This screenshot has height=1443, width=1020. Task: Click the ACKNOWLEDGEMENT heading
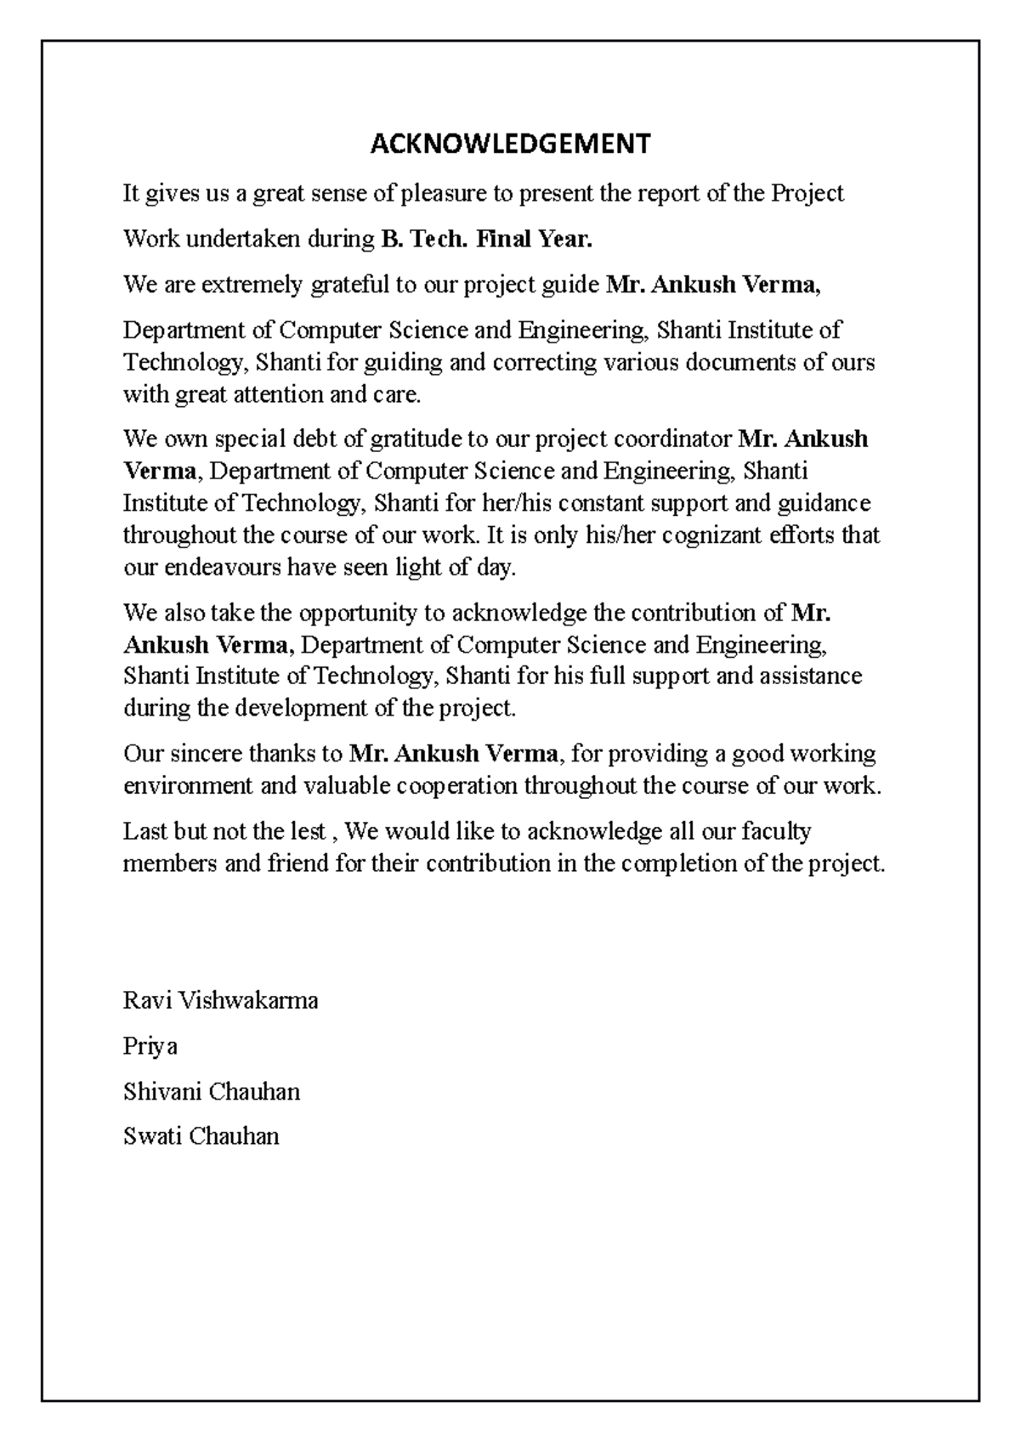[x=510, y=144]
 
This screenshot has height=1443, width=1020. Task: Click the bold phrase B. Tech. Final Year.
[x=484, y=240]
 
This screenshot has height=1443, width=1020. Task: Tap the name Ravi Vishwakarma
[x=221, y=1000]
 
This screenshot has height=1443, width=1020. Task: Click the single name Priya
[x=150, y=1046]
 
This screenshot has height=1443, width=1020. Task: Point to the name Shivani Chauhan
[x=212, y=1091]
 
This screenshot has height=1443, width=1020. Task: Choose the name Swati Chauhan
[x=201, y=1136]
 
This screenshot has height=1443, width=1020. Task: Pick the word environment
[x=188, y=786]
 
